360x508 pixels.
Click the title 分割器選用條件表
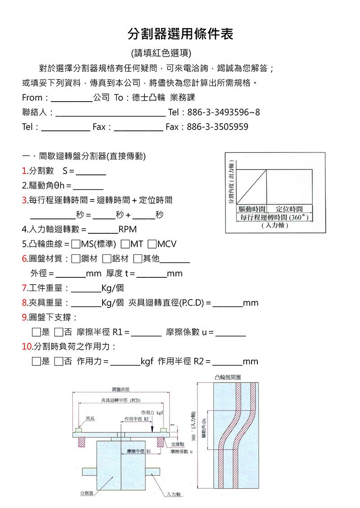(180, 33)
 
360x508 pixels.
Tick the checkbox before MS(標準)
(76, 244)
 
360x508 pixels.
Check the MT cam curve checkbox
(125, 244)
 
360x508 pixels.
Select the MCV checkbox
(152, 244)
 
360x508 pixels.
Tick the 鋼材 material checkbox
(76, 258)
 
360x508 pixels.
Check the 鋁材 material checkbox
(107, 258)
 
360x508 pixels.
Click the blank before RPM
(103, 231)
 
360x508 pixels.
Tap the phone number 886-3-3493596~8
(223, 112)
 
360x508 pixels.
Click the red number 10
(27, 347)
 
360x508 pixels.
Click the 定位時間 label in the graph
(289, 209)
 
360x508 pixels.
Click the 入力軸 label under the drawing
(173, 494)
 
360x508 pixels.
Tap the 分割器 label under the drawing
(86, 493)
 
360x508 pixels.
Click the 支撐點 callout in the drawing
(179, 444)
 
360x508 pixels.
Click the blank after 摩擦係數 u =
(230, 333)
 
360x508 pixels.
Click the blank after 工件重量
(86, 289)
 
